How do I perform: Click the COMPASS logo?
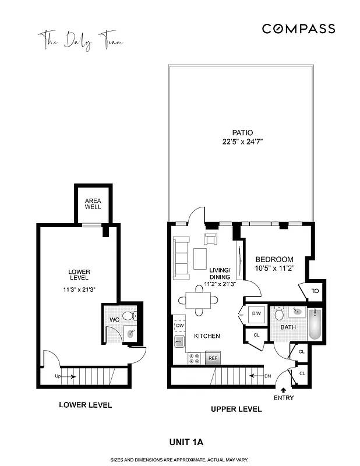[298, 29]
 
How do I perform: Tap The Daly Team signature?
[80, 41]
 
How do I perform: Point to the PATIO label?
[239, 132]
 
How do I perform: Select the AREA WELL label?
[93, 203]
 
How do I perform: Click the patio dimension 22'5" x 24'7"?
[239, 142]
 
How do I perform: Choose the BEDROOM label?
[274, 259]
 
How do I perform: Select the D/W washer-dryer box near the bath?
[256, 315]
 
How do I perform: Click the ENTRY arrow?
[284, 390]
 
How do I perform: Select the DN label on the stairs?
[269, 376]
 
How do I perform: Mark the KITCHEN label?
[207, 336]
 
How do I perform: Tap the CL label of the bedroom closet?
[315, 291]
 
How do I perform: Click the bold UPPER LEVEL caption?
[236, 409]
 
